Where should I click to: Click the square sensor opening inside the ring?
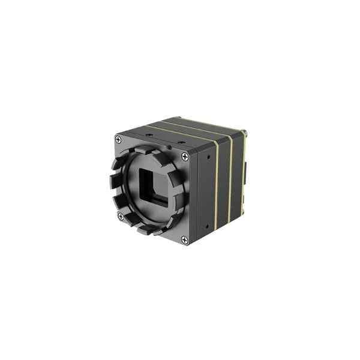click(x=154, y=187)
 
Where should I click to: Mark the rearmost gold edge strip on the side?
click(x=244, y=174)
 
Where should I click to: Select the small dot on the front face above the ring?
click(x=169, y=146)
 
